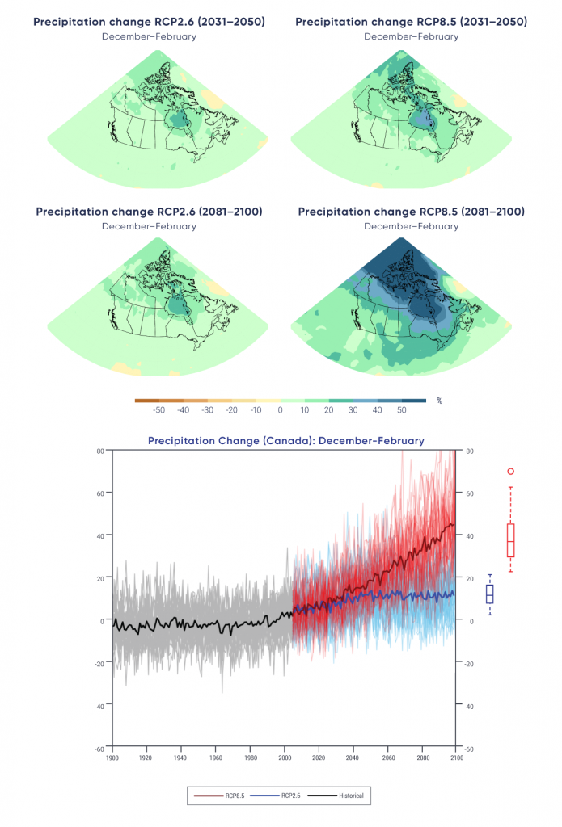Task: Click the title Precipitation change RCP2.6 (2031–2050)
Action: [149, 22]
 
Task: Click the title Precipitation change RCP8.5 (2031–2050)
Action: [411, 22]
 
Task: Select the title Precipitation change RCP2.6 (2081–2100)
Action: [149, 212]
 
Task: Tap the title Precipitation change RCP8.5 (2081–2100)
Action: [411, 212]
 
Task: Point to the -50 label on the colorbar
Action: [159, 410]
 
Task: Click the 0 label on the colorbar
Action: [281, 410]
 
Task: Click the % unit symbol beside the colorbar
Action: [439, 401]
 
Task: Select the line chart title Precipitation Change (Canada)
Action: [285, 440]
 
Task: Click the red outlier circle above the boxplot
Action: [510, 471]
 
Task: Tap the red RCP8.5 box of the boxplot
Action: [510, 539]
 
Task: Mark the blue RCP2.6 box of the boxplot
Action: [490, 594]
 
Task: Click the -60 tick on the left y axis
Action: [101, 748]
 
